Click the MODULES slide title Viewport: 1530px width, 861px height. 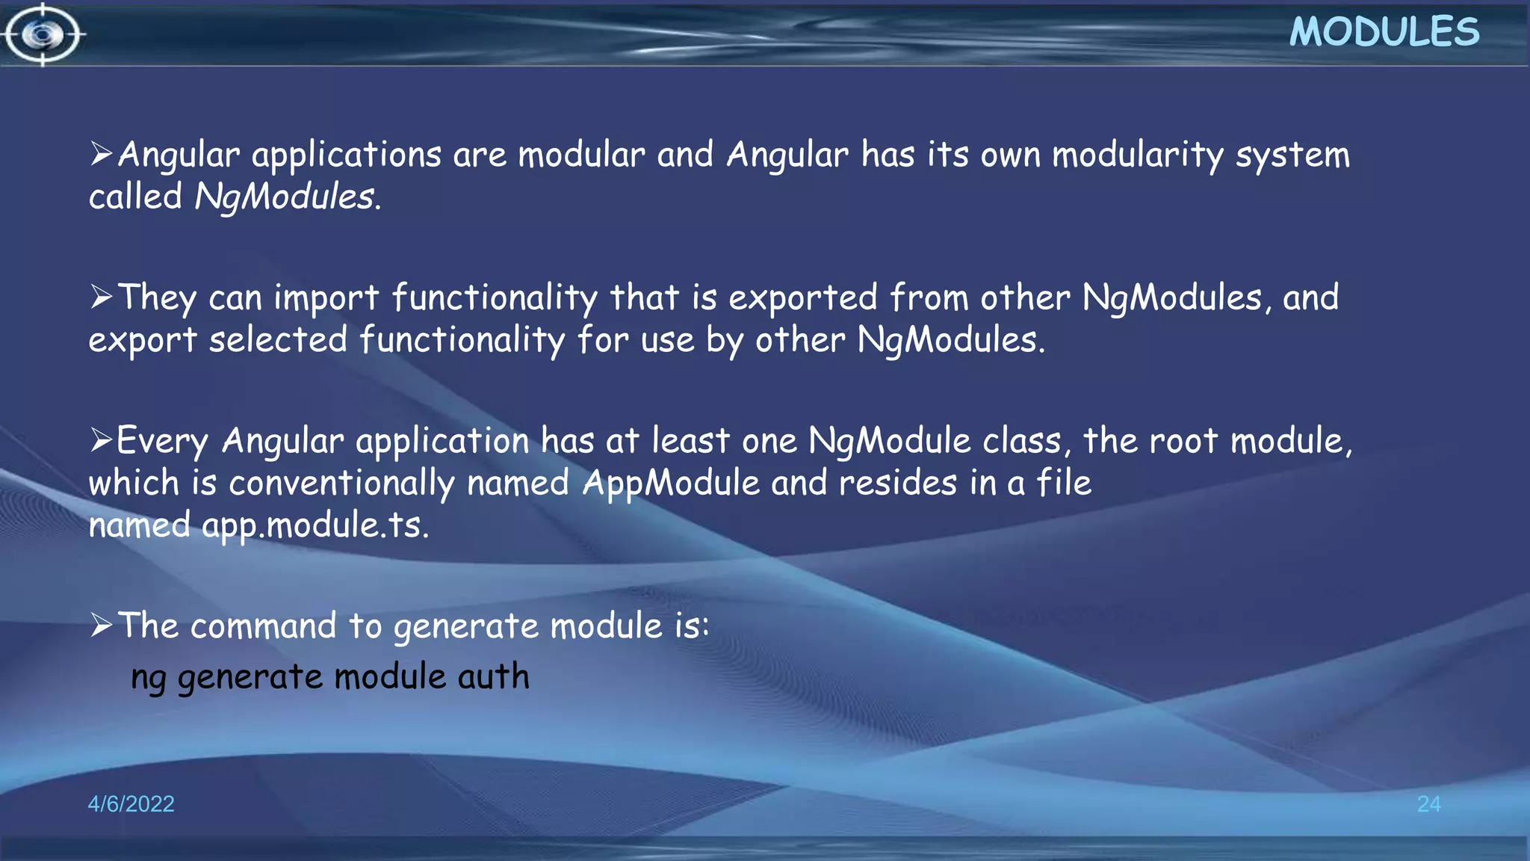pos(1384,32)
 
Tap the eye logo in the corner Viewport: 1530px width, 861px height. pos(43,34)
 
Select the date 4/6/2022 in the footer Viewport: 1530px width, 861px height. pos(131,803)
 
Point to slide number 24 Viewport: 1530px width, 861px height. pos(1428,803)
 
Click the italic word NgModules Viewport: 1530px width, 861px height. pos(285,197)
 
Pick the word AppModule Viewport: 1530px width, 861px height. pos(670,483)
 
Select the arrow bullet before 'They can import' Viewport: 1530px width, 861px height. pos(101,297)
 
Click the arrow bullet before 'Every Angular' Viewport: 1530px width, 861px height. pos(101,440)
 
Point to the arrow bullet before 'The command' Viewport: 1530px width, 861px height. pos(101,625)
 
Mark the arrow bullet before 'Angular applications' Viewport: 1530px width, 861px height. pos(101,155)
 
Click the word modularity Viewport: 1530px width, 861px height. pos(1137,155)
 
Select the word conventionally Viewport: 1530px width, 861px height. pos(341,484)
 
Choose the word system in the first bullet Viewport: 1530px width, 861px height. pos(1292,155)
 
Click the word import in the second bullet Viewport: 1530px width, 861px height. pos(326,298)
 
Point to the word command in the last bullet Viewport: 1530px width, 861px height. pos(263,626)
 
